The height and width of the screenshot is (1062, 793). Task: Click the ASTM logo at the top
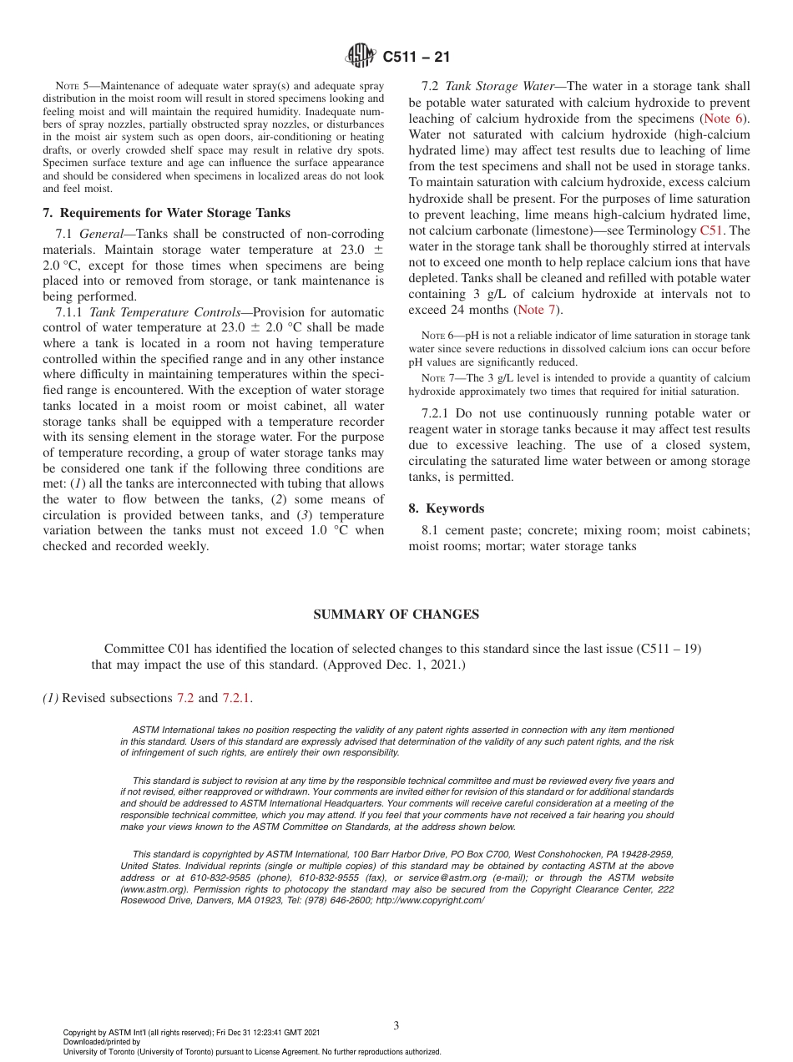[x=361, y=57]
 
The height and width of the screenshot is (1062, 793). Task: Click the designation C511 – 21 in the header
[x=416, y=58]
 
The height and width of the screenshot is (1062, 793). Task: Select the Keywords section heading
[x=454, y=508]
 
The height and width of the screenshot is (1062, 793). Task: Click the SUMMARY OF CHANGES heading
[x=396, y=614]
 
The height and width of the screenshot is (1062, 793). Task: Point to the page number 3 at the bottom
[x=396, y=1025]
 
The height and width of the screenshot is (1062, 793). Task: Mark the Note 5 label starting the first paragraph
[x=70, y=87]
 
